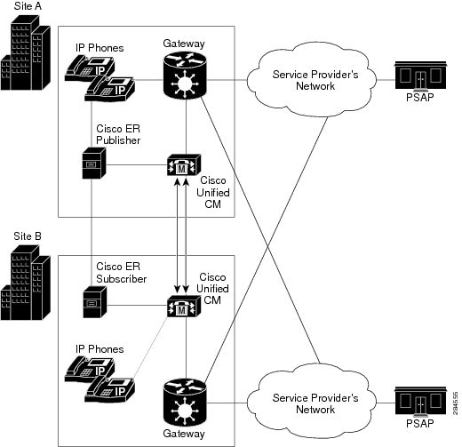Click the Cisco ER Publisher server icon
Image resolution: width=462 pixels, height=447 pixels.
pyautogui.click(x=92, y=165)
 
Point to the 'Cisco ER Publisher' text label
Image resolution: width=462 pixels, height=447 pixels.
pyautogui.click(x=119, y=132)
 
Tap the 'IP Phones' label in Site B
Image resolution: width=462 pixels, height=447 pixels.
pyautogui.click(x=99, y=349)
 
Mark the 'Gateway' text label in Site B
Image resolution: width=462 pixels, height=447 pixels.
pyautogui.click(x=184, y=435)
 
